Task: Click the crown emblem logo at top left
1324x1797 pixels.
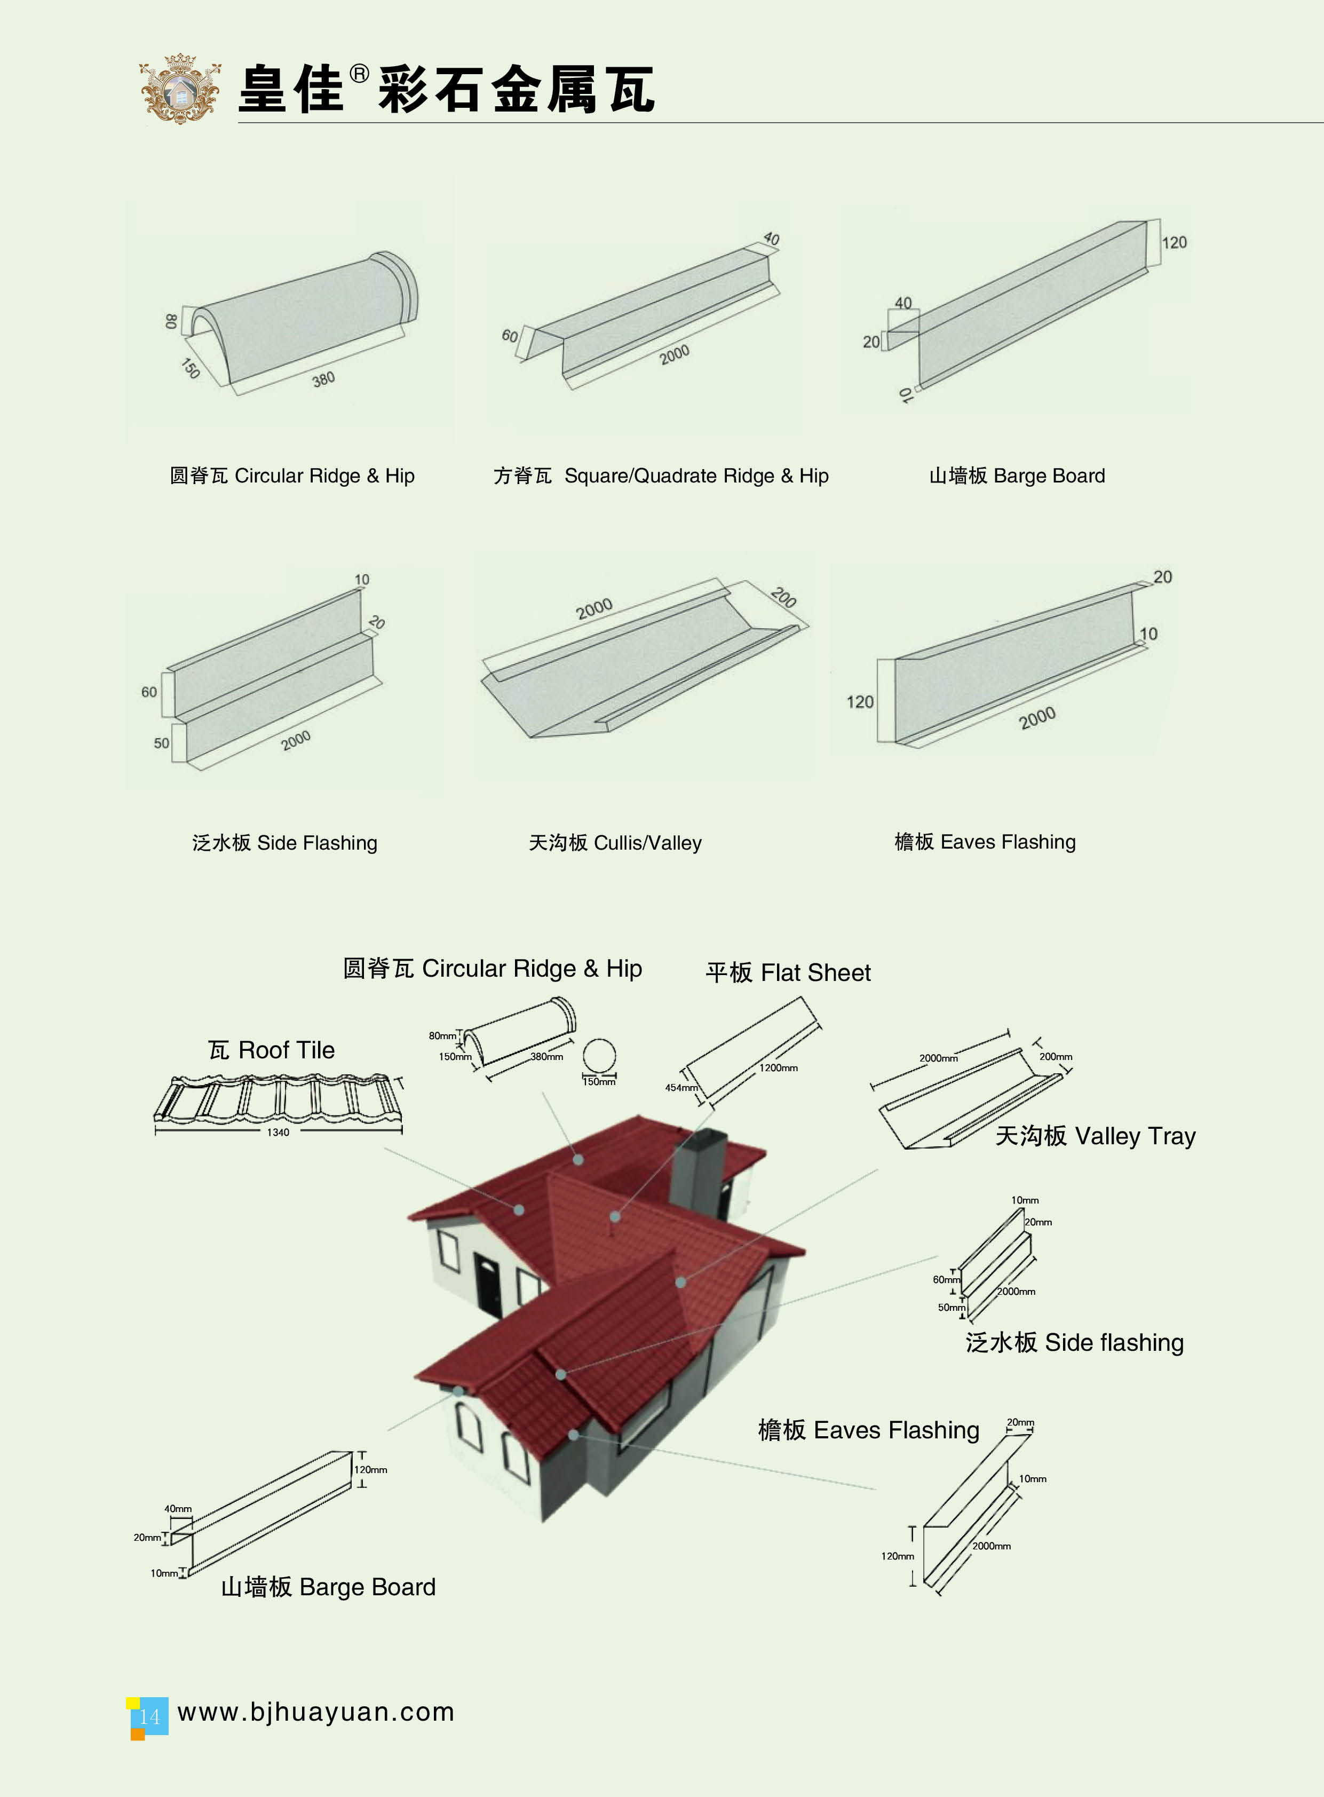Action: click(x=180, y=88)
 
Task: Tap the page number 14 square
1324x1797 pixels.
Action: click(x=149, y=1717)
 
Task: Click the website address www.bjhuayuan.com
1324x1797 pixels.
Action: click(x=316, y=1712)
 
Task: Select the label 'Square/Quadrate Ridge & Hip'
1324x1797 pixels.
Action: click(x=696, y=476)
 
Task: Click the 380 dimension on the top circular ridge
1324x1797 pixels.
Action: click(x=324, y=379)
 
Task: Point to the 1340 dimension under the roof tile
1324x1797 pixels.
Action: click(x=278, y=1133)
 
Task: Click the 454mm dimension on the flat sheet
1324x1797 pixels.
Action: click(x=681, y=1088)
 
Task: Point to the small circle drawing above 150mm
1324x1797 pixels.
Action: click(x=599, y=1056)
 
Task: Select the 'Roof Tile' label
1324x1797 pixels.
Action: click(x=286, y=1050)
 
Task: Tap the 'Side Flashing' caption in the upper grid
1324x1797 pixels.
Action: click(x=316, y=843)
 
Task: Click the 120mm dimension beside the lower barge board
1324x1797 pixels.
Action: click(x=370, y=1470)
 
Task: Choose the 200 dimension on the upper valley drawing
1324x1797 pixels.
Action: click(x=783, y=597)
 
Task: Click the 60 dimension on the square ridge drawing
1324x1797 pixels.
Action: click(x=510, y=336)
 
